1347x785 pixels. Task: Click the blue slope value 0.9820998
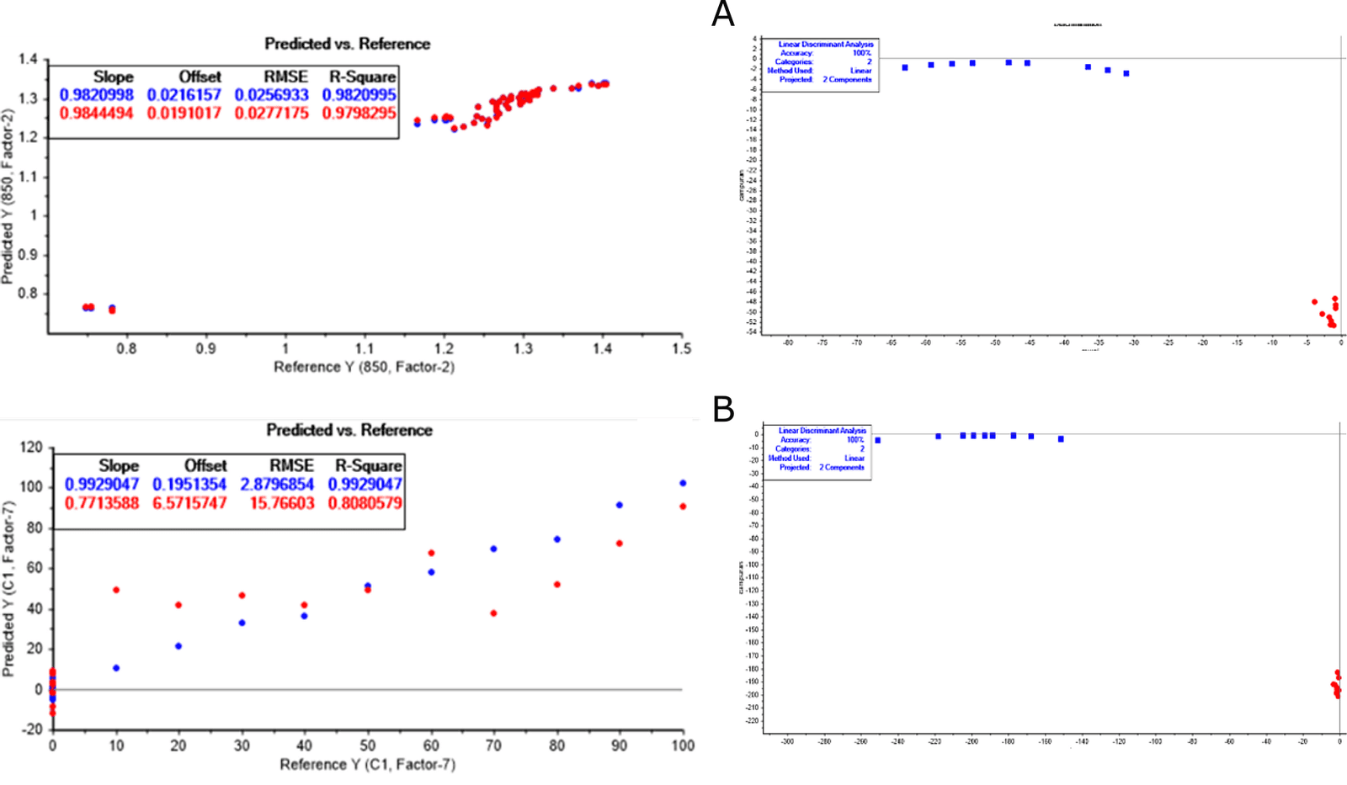[96, 95]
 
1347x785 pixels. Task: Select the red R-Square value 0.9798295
[359, 113]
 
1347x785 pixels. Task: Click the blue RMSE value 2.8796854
[277, 485]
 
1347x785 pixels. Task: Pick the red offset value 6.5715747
[189, 503]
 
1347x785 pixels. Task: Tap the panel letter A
[722, 14]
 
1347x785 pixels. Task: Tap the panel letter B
[723, 410]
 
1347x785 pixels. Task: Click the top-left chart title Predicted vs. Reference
[347, 44]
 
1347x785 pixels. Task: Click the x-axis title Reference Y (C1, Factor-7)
[367, 764]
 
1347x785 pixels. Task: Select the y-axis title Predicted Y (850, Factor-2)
[8, 196]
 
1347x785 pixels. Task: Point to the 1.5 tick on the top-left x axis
[681, 348]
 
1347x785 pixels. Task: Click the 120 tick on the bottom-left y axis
[31, 447]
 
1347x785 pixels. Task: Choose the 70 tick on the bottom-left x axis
[493, 745]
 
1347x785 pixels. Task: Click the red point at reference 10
[116, 590]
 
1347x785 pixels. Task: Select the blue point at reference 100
[683, 483]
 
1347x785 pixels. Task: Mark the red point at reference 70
[493, 613]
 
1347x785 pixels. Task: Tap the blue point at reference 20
[178, 646]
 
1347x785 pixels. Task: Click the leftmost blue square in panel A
[905, 67]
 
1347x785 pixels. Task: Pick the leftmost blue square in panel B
[877, 440]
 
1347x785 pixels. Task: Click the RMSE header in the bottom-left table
[291, 465]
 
